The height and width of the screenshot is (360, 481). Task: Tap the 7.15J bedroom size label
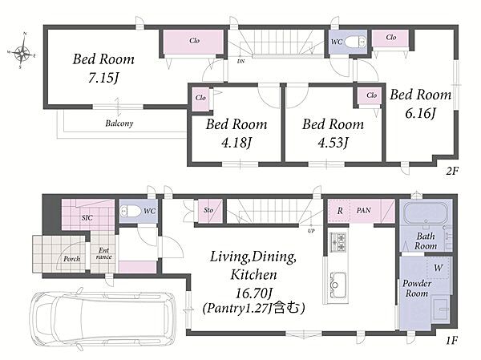coord(103,78)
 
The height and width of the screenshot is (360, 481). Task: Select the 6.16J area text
coord(421,114)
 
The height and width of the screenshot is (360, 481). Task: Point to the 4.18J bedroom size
coord(236,143)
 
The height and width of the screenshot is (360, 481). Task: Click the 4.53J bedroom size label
coord(333,143)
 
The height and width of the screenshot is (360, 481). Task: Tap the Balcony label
coord(119,123)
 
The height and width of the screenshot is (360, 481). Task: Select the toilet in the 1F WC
coord(131,211)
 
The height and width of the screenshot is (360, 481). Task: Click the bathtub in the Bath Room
coord(426,212)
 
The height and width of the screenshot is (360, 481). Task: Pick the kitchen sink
coord(338,285)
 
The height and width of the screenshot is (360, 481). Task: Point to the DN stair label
coord(240,62)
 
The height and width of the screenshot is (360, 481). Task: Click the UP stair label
coord(311,231)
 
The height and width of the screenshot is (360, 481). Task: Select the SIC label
coord(87,217)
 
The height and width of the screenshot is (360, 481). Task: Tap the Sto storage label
coord(208,210)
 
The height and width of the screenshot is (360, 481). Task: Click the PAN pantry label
coord(364,211)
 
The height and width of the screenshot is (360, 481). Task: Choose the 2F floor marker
coord(451,172)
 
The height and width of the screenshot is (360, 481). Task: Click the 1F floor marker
coord(451,340)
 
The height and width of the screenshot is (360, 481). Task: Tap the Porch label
coord(72,259)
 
